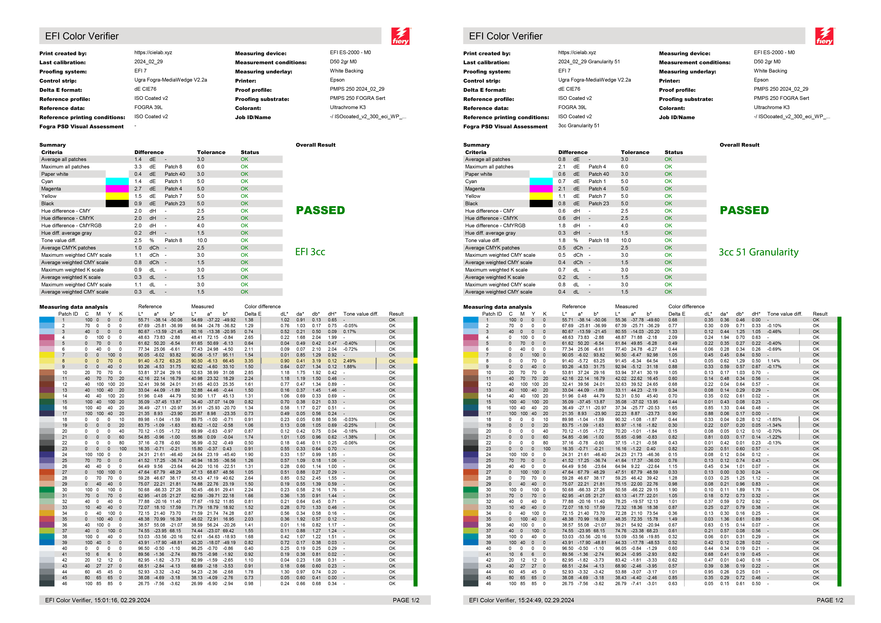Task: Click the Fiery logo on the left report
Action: [401, 36]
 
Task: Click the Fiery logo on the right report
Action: [825, 36]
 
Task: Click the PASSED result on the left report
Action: [320, 210]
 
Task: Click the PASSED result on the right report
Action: [744, 210]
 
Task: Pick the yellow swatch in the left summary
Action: [117, 196]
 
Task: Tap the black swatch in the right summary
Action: [541, 203]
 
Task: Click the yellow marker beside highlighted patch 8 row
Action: [415, 361]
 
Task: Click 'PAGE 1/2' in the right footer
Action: [830, 600]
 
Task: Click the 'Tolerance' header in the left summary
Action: [211, 152]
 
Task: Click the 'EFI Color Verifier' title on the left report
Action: [82, 36]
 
